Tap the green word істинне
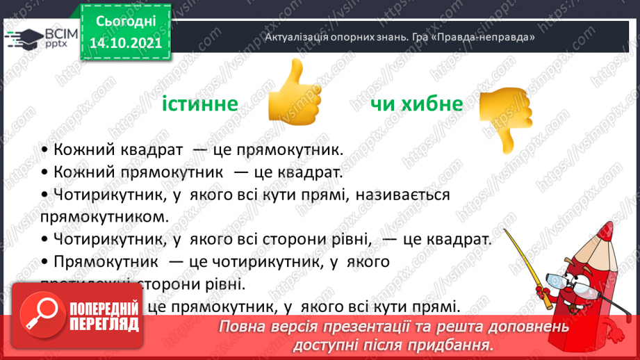200,104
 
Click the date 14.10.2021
126,42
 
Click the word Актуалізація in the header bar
295,37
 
